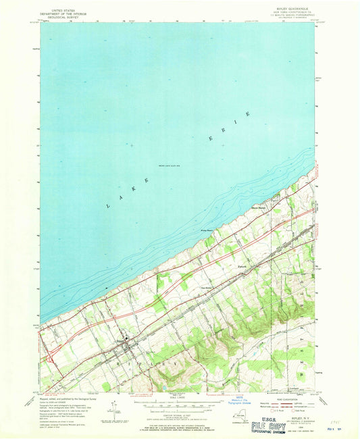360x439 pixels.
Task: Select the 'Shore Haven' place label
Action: (x=261, y=208)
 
